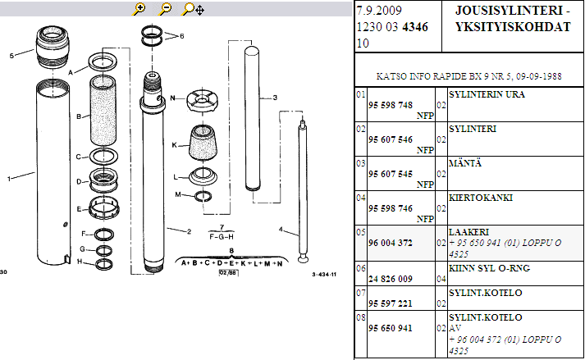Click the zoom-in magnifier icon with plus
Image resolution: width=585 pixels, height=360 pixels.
[x=139, y=9]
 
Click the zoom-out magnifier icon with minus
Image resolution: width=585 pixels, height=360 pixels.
[x=165, y=9]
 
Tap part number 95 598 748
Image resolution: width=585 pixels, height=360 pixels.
[x=391, y=105]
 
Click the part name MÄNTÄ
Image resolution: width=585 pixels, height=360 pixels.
[x=465, y=163]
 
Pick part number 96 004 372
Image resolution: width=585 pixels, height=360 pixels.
[x=391, y=243]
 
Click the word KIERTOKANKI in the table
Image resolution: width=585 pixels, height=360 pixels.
[x=481, y=198]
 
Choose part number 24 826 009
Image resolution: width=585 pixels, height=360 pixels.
[x=391, y=279]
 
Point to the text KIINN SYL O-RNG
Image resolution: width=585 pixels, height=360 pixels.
[x=489, y=268]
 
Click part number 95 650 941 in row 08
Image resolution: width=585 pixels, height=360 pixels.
[x=391, y=328]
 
